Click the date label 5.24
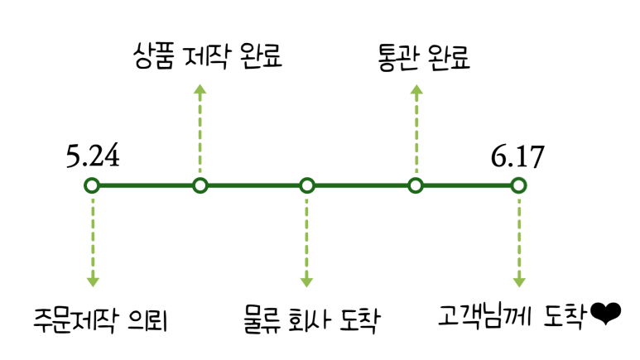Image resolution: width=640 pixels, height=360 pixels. pyautogui.click(x=93, y=156)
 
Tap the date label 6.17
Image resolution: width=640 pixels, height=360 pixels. pyautogui.click(x=517, y=156)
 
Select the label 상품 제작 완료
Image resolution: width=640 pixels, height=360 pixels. pyautogui.click(x=207, y=57)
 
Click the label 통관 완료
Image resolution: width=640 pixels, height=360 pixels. pyautogui.click(x=423, y=57)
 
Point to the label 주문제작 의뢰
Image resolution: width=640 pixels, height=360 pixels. pyautogui.click(x=101, y=319)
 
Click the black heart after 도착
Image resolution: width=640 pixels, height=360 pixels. pyautogui.click(x=606, y=314)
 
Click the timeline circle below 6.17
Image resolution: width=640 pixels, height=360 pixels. pyautogui.click(x=518, y=185)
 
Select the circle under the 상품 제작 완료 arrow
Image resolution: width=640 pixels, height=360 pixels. pyautogui.click(x=200, y=185)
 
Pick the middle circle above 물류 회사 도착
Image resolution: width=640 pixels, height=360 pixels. pyautogui.click(x=307, y=185)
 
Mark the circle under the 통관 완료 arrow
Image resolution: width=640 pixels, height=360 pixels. pyautogui.click(x=416, y=185)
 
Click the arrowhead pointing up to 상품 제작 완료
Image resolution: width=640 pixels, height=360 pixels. pyautogui.click(x=200, y=89)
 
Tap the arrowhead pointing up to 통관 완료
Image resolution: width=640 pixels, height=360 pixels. pyautogui.click(x=416, y=89)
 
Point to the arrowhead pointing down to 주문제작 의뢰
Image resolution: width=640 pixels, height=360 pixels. pyautogui.click(x=93, y=281)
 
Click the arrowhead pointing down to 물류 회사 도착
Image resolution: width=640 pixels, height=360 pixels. pyautogui.click(x=307, y=281)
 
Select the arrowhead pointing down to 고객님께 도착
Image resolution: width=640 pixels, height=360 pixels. pyautogui.click(x=518, y=281)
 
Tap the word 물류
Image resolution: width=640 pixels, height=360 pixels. pyautogui.click(x=260, y=319)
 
